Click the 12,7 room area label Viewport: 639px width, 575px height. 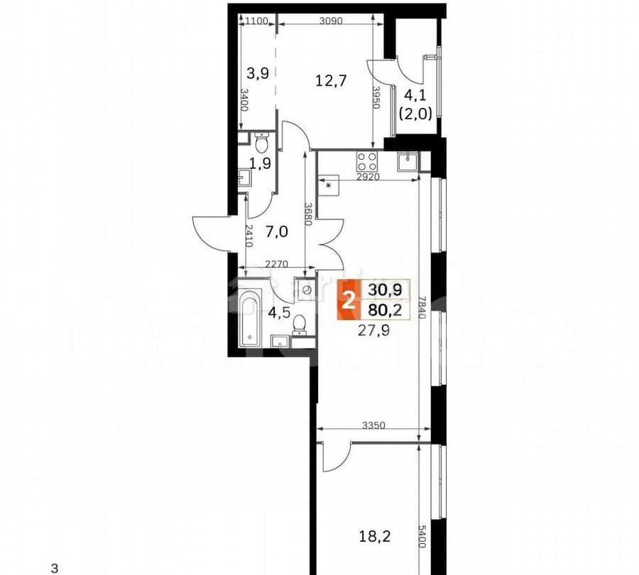pyautogui.click(x=330, y=80)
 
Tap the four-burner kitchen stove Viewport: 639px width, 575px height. pyautogui.click(x=366, y=160)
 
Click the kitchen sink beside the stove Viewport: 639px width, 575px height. pyautogui.click(x=408, y=161)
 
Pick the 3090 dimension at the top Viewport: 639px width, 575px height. pyautogui.click(x=331, y=21)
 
